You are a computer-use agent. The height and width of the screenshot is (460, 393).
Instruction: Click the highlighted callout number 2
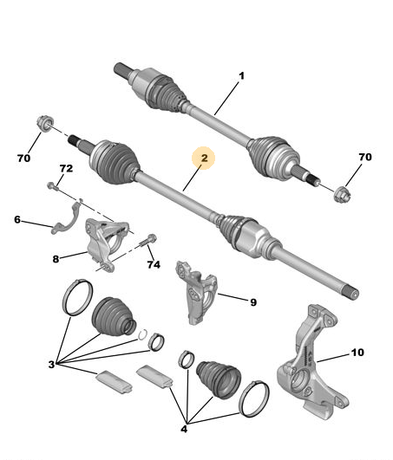[x=204, y=159]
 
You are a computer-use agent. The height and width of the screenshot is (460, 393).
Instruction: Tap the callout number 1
[x=241, y=76]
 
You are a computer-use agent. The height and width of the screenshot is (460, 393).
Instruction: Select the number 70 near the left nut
[x=23, y=159]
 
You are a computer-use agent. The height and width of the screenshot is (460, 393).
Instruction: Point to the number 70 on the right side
[x=365, y=157]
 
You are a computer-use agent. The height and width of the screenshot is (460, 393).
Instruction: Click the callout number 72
[x=66, y=168]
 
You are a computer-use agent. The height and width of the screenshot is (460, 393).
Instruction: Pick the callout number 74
[x=154, y=264]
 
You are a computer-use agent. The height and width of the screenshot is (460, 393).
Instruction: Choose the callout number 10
[x=357, y=353]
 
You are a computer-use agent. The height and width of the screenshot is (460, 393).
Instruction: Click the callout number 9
[x=253, y=302]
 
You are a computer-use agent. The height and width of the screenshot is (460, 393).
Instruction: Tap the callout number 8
[x=56, y=259]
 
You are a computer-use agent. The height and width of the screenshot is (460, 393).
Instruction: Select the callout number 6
[x=17, y=219]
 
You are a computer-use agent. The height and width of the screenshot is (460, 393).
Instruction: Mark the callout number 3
[x=51, y=365]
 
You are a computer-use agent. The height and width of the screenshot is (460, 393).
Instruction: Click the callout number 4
[x=184, y=429]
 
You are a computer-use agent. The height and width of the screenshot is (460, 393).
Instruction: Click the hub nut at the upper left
[x=45, y=124]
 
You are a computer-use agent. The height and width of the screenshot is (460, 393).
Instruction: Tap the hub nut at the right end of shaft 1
[x=343, y=194]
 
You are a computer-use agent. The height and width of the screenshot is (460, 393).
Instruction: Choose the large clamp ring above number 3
[x=77, y=297]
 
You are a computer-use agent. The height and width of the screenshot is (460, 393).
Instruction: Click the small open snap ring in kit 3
[x=143, y=334]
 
